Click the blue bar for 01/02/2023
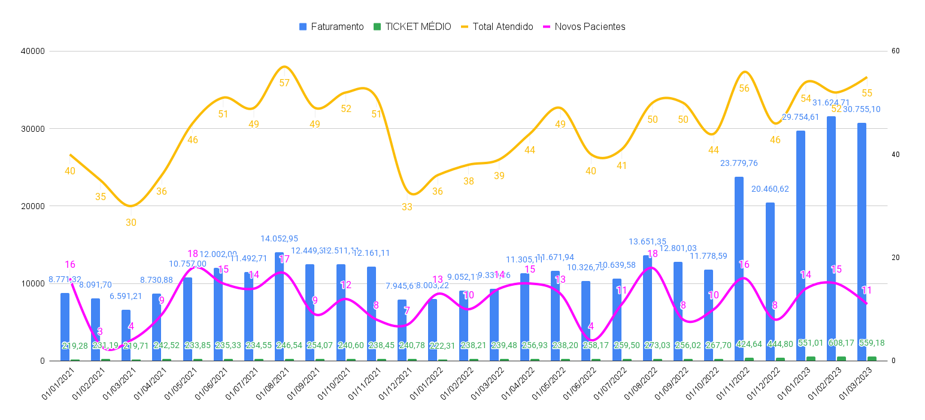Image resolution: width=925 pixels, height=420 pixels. pos(832,240)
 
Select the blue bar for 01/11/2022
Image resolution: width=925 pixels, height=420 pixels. pos(739,270)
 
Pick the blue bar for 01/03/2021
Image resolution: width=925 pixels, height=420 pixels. pos(126,336)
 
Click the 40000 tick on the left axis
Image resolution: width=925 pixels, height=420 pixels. pos(34,52)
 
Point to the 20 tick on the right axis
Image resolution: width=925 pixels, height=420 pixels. pos(896,258)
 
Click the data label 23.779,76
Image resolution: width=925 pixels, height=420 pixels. pos(739,163)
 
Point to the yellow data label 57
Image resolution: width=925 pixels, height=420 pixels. pos(284,83)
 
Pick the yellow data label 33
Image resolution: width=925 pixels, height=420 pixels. pos(407,207)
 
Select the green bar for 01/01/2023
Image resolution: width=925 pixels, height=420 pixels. pos(811,358)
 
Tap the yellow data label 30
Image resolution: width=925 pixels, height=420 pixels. pos(131,223)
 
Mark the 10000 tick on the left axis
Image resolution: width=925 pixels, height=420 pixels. pos(34,283)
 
